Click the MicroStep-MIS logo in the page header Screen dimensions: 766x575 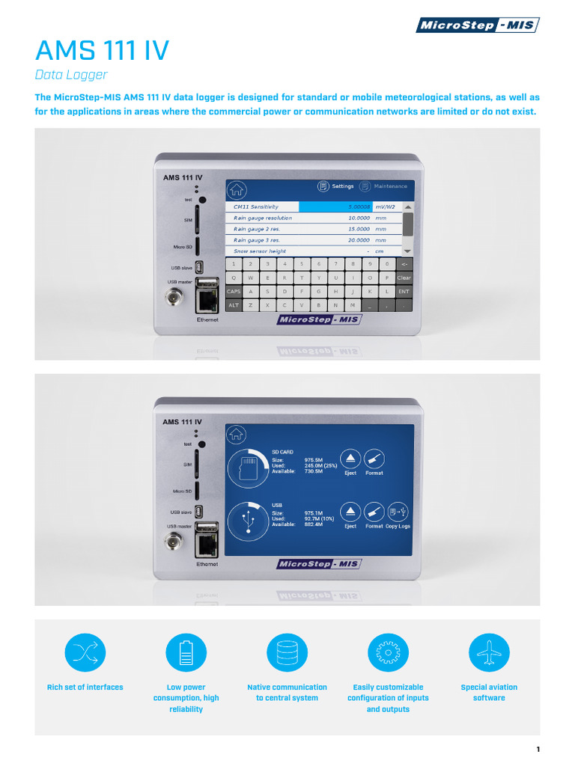477,25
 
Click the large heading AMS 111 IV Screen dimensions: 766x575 103,52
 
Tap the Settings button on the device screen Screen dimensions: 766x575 336,186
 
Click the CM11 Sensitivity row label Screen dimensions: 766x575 256,206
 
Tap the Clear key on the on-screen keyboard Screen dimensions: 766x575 404,278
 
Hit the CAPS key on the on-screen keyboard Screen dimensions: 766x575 233,292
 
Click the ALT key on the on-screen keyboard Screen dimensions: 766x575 233,305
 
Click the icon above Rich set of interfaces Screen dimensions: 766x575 85,652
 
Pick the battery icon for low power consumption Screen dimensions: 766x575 186,652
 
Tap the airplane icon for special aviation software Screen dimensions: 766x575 489,652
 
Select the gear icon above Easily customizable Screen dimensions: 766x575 388,652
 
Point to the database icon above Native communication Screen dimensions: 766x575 287,652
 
